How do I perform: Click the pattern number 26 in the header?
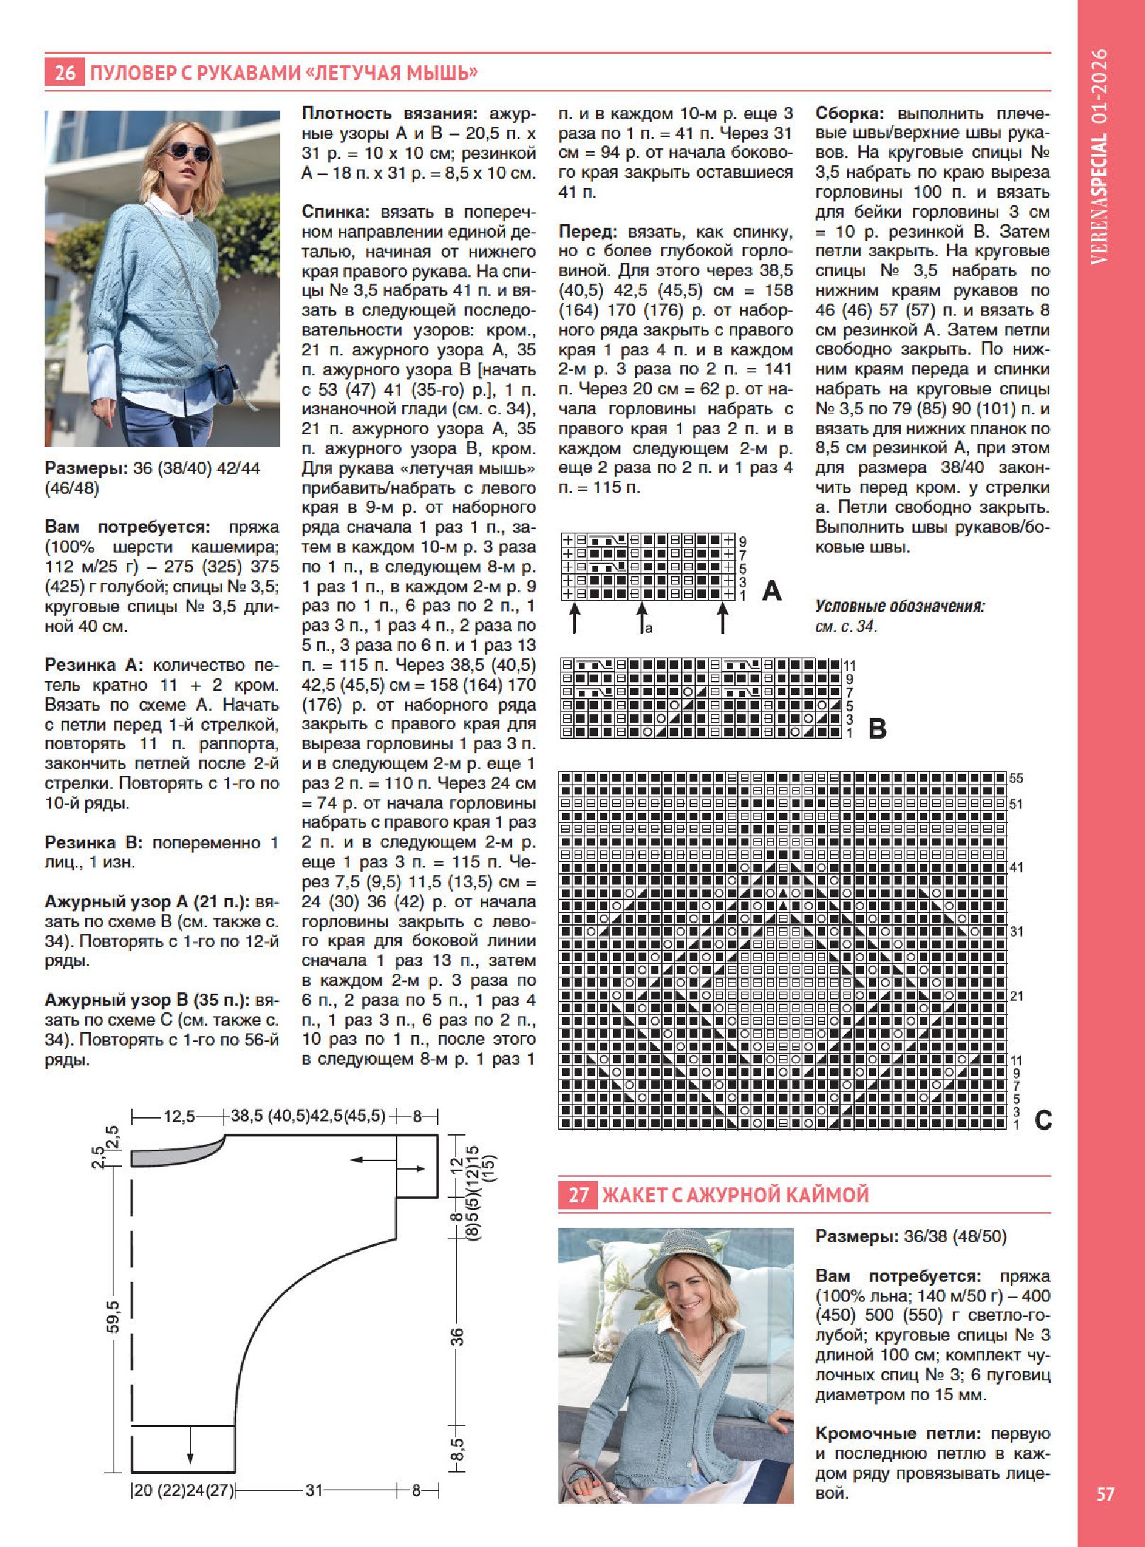tap(65, 72)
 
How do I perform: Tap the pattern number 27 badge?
tap(578, 1195)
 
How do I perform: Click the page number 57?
tap(1105, 1494)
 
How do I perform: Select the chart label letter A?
tap(771, 590)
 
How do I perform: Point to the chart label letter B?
tap(878, 728)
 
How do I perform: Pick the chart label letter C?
tap(1043, 1120)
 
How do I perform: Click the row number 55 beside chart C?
tap(1017, 778)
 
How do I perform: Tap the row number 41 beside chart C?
tap(1017, 867)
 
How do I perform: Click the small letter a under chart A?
tap(648, 628)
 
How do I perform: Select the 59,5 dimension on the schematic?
tap(114, 1317)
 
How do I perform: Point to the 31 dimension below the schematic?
tap(314, 1490)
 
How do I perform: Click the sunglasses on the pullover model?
tap(188, 153)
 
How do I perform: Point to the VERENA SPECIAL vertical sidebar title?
tap(1099, 156)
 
